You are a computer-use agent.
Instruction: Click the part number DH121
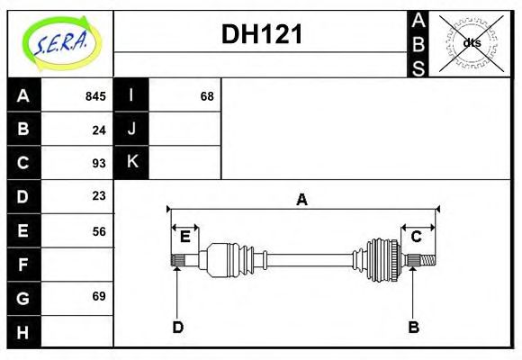261,34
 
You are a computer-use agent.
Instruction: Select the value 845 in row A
95,96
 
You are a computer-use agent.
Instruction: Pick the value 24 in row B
99,130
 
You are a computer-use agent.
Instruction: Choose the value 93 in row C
99,163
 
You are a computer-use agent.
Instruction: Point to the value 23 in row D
99,196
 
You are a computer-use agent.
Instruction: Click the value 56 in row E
99,230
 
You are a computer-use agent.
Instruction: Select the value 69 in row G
99,297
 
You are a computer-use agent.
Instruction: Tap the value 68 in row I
207,96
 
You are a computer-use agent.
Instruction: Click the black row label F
23,264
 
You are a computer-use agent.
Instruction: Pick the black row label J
131,130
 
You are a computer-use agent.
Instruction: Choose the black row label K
131,163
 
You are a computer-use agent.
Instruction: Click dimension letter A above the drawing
302,200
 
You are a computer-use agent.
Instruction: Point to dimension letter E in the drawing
184,237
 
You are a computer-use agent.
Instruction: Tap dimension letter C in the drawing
417,237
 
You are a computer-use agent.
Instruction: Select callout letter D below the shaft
177,327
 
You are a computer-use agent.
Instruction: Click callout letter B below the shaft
413,327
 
